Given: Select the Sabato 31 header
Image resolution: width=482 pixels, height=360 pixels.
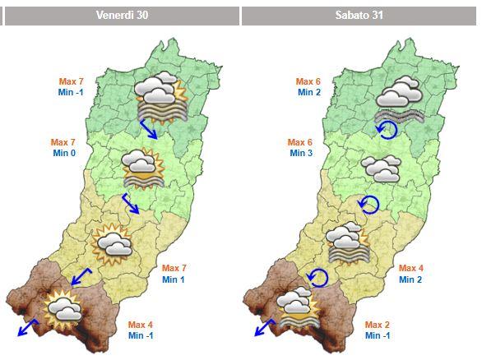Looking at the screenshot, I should [359, 16].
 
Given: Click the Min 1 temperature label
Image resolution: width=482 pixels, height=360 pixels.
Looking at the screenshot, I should [174, 280].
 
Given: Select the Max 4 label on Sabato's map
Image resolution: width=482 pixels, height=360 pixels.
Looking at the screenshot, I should [411, 269].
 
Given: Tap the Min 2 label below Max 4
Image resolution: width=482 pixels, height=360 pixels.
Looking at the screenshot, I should [410, 280].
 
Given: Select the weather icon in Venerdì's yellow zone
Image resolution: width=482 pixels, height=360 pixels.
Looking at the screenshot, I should [113, 242].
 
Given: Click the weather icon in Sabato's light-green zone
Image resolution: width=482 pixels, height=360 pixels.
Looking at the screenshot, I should [381, 169].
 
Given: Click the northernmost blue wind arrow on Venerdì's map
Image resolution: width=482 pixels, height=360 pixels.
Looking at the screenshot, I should [149, 129].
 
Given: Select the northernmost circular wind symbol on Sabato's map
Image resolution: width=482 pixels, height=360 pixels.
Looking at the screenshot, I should [386, 131].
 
